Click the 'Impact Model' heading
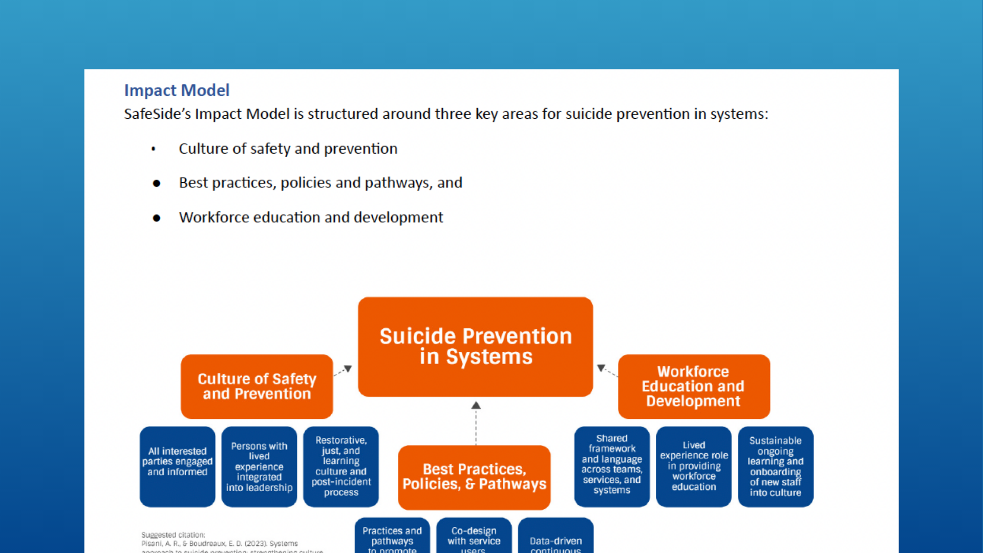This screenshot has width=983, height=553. coord(177,91)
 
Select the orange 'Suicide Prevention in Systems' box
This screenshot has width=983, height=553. coord(475,347)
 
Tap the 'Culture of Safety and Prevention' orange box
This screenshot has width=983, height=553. coord(257,387)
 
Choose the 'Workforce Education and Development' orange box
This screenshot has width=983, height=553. coord(693,387)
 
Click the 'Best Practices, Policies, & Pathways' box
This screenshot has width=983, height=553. coord(474,477)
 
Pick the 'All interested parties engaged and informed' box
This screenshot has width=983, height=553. coord(177,466)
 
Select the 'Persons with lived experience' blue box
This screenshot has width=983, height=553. coord(259,466)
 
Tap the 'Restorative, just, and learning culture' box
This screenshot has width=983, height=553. coord(341,466)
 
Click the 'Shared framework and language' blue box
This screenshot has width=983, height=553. coord(612,466)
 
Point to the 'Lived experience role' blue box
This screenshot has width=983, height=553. coord(694,466)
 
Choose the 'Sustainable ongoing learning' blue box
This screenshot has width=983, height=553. coord(775,466)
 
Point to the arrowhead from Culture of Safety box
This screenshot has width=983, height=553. coord(348,369)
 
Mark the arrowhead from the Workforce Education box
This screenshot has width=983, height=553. coord(601,368)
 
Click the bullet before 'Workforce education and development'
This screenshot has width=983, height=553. coord(157,218)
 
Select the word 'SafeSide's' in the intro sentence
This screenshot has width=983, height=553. coord(157,114)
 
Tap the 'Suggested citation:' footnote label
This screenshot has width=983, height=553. coord(173,535)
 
